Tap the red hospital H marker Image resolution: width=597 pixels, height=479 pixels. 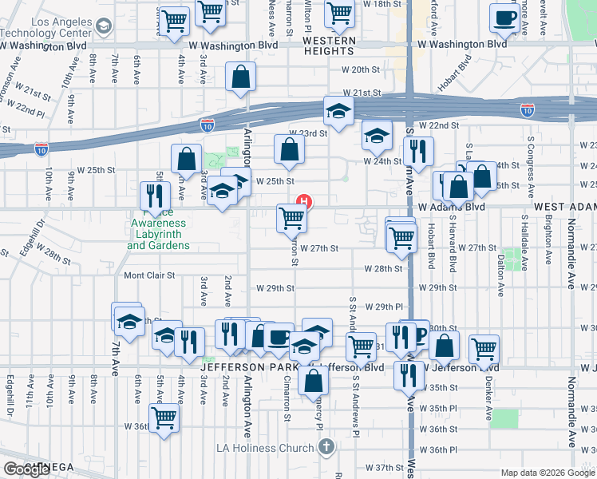[x=303, y=200]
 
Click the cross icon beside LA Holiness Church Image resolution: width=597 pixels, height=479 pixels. [x=326, y=448]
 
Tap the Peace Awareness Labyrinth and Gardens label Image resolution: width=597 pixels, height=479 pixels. [x=158, y=228]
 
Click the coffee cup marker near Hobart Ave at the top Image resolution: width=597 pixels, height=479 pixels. [x=504, y=18]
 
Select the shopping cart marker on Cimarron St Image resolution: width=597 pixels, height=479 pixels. [x=292, y=218]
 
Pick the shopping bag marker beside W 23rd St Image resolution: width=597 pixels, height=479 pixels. [x=288, y=149]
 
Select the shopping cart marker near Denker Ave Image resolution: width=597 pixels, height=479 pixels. [x=484, y=349]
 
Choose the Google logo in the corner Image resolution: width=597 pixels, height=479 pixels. [x=26, y=469]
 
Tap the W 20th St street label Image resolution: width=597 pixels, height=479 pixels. [x=360, y=70]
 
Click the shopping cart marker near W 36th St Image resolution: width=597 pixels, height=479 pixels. [x=164, y=418]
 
